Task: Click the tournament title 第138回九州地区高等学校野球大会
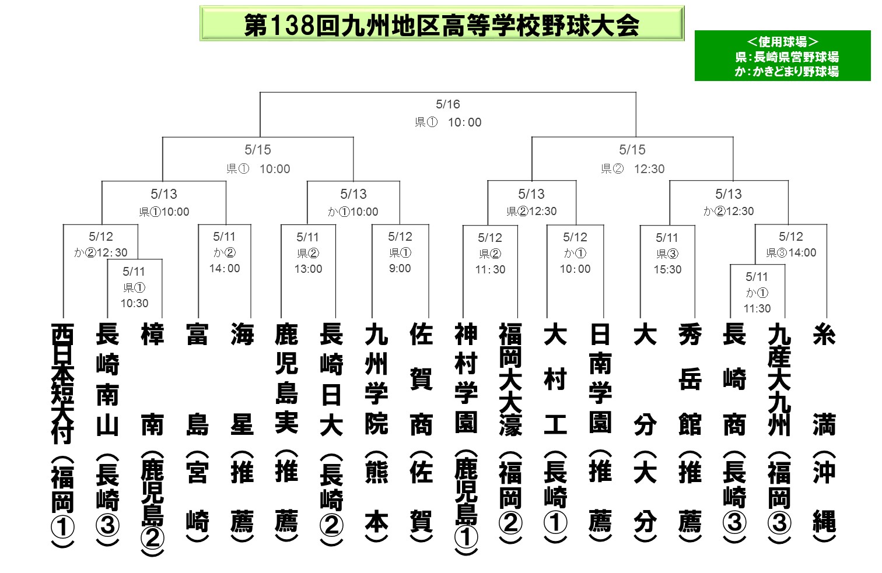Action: tap(442, 24)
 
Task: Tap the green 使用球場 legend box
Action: tap(782, 56)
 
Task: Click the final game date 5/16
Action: tap(448, 104)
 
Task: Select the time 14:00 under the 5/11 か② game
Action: tap(225, 269)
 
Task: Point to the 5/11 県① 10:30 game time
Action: tap(134, 303)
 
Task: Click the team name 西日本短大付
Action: tap(62, 382)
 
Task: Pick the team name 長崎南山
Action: tap(107, 379)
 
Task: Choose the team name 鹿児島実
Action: tap(286, 378)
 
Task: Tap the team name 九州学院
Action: tap(376, 379)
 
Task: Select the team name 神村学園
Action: tap(466, 378)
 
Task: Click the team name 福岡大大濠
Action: tap(510, 379)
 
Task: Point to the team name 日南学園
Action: tap(600, 378)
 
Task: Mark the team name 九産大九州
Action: tap(779, 379)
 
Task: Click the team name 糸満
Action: tap(824, 379)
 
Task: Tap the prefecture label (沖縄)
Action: tap(824, 498)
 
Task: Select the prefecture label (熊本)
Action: tap(376, 498)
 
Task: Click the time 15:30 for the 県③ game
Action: tap(667, 269)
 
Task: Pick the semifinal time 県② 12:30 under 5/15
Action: tap(633, 169)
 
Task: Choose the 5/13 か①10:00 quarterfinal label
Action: tap(353, 212)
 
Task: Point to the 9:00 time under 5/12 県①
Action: tap(400, 269)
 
